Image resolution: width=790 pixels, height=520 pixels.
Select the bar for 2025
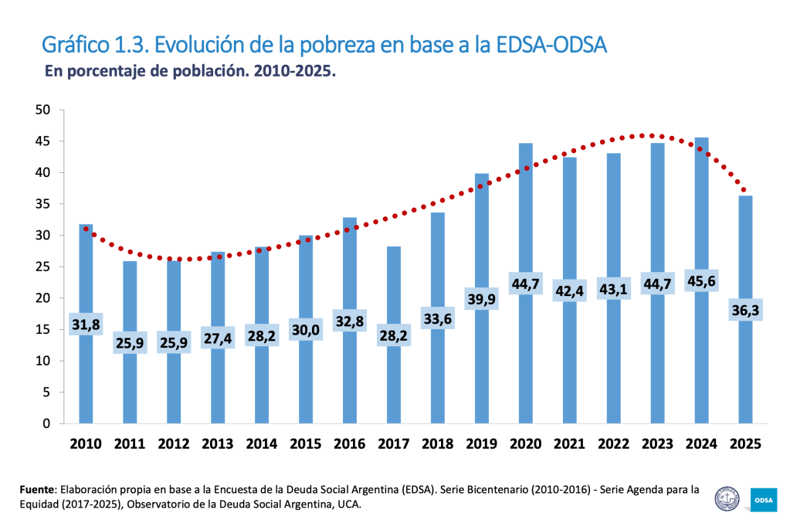point(745,363)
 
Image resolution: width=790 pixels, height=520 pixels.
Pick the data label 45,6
point(701,279)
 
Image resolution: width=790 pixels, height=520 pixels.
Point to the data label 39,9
point(481,297)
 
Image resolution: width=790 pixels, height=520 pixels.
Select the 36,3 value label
point(745,310)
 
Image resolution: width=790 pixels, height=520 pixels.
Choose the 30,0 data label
point(305,329)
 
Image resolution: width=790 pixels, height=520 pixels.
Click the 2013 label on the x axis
point(217,444)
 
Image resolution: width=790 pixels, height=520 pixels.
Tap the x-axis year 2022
point(613,444)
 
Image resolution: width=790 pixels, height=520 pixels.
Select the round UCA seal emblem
point(727,498)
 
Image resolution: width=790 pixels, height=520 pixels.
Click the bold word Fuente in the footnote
point(37,490)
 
